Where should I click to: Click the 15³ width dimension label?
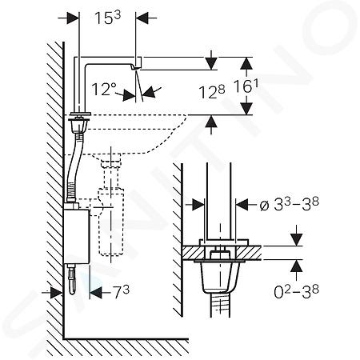pos(108,18)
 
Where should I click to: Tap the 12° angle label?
pos(104,89)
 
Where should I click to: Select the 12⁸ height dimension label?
pos(211,92)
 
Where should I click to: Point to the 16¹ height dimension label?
pos(246,86)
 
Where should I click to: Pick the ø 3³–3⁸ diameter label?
pos(289,205)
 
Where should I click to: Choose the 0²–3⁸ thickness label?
pos(296,292)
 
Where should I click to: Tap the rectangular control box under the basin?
pos(76,236)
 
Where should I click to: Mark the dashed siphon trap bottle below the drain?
pos(111,222)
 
